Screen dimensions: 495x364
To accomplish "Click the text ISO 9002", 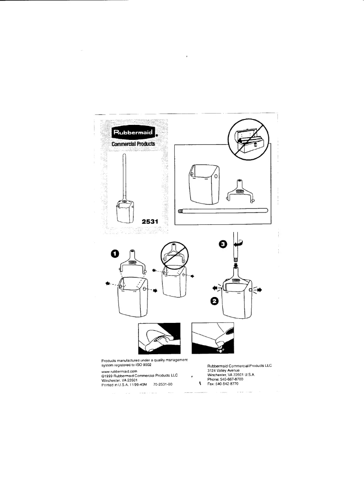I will (x=142, y=365).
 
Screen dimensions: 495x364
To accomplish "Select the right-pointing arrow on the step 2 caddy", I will (x=259, y=289).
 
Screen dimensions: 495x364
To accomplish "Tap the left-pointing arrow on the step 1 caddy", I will (x=107, y=283).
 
